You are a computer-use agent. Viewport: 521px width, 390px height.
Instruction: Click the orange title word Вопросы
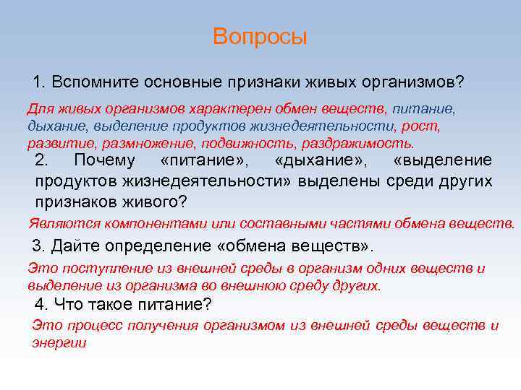[260, 37]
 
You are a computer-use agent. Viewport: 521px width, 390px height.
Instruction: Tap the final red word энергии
[59, 343]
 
